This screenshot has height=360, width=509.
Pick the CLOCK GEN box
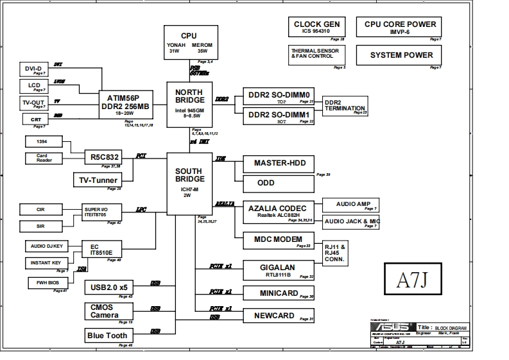[316, 28]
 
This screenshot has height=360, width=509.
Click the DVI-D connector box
[33, 69]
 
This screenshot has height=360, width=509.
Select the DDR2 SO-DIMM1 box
[279, 116]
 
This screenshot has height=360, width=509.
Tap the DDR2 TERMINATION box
[345, 106]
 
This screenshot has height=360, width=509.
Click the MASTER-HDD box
[279, 164]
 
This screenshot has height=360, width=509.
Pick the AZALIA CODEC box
[279, 212]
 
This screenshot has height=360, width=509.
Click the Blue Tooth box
[107, 335]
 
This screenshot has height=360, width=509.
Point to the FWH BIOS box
[46, 282]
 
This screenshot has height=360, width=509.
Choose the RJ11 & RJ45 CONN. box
[336, 253]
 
